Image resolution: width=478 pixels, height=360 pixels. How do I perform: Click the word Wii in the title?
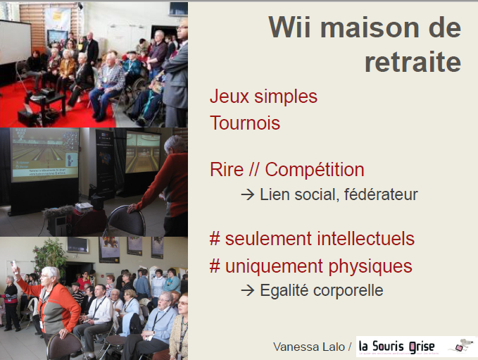click(x=289, y=27)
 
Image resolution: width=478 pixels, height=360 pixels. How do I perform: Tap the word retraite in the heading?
click(x=413, y=62)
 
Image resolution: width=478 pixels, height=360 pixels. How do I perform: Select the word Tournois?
click(x=245, y=123)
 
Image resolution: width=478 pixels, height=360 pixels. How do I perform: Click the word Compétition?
click(x=314, y=169)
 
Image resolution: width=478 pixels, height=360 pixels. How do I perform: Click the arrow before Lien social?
click(x=248, y=194)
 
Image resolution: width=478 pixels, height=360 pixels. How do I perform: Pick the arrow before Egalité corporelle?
click(x=248, y=290)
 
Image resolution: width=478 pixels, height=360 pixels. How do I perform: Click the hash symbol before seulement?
click(x=215, y=239)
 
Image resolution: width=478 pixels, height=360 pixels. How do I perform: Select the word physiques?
click(x=370, y=266)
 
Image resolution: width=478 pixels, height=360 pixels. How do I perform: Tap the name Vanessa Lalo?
click(x=309, y=347)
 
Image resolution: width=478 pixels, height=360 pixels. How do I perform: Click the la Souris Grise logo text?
click(x=396, y=347)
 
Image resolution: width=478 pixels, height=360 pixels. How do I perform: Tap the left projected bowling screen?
click(x=45, y=154)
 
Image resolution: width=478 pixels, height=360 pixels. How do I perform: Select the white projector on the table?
click(x=84, y=207)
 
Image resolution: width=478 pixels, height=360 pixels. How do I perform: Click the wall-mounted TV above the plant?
click(x=78, y=245)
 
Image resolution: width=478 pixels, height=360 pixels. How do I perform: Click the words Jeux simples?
click(x=263, y=97)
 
